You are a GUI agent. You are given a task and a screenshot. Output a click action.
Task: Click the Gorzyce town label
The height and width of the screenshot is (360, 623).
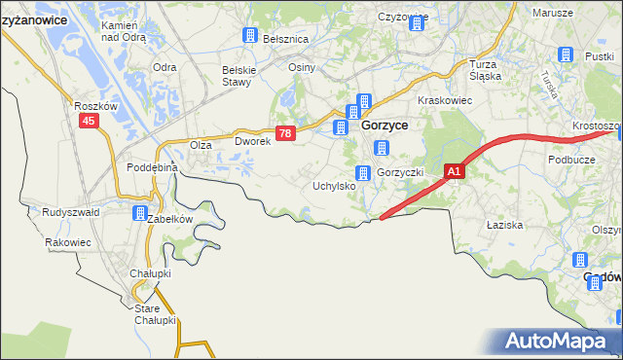[385, 126]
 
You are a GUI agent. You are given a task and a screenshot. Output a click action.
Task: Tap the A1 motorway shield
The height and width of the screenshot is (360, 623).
[455, 171]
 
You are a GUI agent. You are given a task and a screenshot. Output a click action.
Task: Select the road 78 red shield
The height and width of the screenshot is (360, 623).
[284, 134]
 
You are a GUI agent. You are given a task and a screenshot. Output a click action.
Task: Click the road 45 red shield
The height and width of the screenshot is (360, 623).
[89, 121]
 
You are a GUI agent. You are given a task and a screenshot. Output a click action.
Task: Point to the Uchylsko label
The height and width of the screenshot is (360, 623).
[333, 185]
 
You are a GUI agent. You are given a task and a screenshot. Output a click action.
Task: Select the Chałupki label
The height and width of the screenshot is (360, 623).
[151, 273]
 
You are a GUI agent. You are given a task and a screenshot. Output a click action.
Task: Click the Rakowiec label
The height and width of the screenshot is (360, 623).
[68, 242]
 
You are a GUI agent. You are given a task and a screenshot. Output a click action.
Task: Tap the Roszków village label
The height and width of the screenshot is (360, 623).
[95, 105]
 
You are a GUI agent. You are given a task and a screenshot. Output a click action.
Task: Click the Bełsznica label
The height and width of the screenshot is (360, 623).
[285, 38]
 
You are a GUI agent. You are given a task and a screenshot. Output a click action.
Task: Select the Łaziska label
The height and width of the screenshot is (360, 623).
[505, 225]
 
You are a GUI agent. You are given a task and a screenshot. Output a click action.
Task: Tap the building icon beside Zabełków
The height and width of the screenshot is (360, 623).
[139, 214]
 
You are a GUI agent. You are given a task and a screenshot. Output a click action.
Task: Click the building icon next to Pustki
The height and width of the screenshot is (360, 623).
[564, 56]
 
